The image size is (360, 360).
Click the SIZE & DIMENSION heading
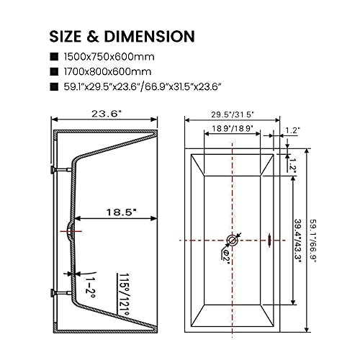point(122,35)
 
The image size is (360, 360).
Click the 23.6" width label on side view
point(105,112)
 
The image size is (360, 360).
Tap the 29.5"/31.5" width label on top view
point(233,113)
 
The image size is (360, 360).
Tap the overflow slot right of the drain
point(268,240)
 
